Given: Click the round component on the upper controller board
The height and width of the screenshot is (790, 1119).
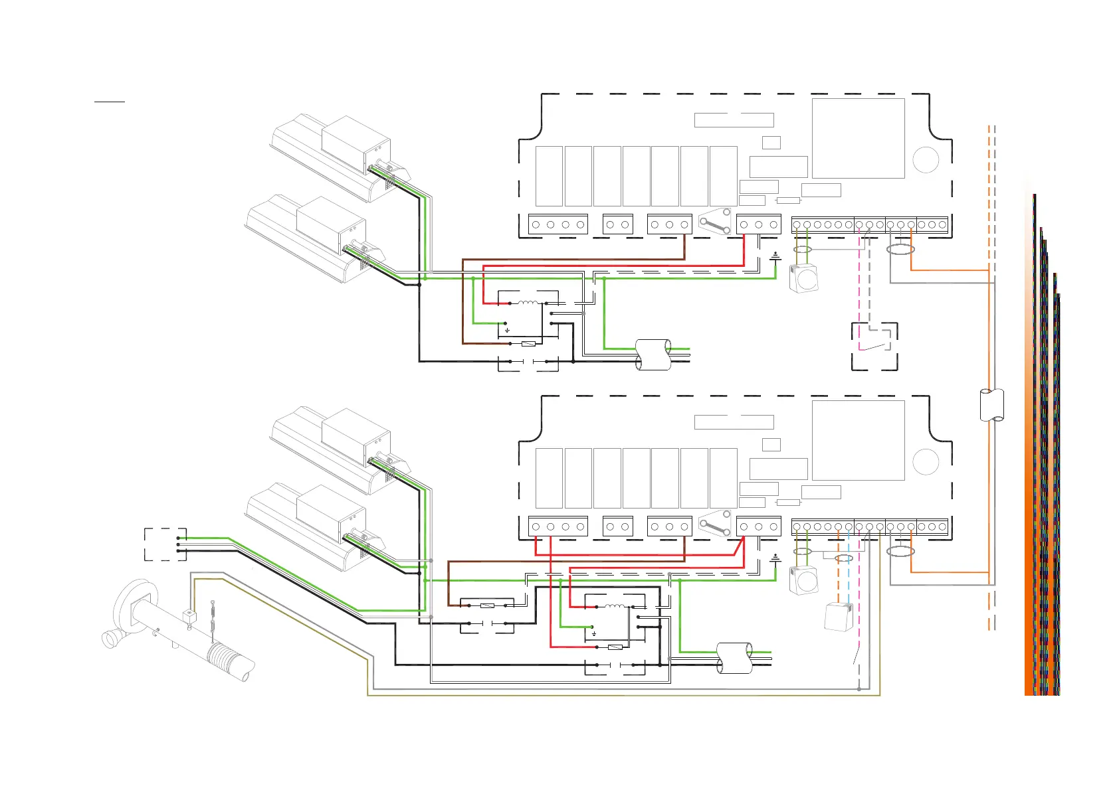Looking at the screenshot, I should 926,159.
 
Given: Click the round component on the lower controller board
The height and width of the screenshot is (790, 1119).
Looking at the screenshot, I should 926,462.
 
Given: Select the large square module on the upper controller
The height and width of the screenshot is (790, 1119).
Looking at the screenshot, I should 858,138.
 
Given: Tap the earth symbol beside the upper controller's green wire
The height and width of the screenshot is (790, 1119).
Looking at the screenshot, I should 775,256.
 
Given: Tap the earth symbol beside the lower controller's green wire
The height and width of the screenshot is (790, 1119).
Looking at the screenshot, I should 775,558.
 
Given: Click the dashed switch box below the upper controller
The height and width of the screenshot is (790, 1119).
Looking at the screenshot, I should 874,346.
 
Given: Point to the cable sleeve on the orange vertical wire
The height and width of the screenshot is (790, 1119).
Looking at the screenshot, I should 991,404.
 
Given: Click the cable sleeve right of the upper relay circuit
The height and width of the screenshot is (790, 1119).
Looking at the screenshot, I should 653,354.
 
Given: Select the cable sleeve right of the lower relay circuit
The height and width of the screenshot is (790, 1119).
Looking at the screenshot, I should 734,657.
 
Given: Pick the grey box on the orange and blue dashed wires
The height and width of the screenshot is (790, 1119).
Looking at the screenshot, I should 838,617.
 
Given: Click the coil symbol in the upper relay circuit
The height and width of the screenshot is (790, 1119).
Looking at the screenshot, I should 528,303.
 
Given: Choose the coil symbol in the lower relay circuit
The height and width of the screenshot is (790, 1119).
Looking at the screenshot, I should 615,606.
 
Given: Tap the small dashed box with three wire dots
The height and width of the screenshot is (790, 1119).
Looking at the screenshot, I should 165,544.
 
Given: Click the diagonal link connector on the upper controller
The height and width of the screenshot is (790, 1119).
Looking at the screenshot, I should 715,224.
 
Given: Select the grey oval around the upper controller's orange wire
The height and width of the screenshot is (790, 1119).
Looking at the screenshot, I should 901,250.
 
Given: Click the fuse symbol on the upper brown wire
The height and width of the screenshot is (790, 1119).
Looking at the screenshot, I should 529,344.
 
